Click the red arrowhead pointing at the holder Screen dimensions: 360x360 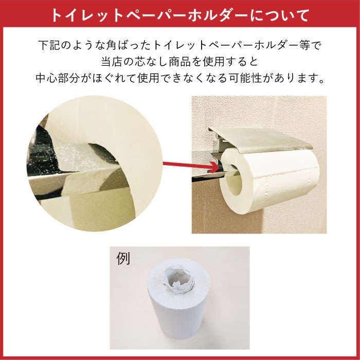point(214,166)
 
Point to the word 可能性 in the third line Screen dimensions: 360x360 point(253,80)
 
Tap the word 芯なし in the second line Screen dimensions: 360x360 point(147,62)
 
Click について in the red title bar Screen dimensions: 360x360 point(282,15)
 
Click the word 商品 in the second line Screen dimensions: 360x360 point(181,62)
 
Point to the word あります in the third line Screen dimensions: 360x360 point(300,80)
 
